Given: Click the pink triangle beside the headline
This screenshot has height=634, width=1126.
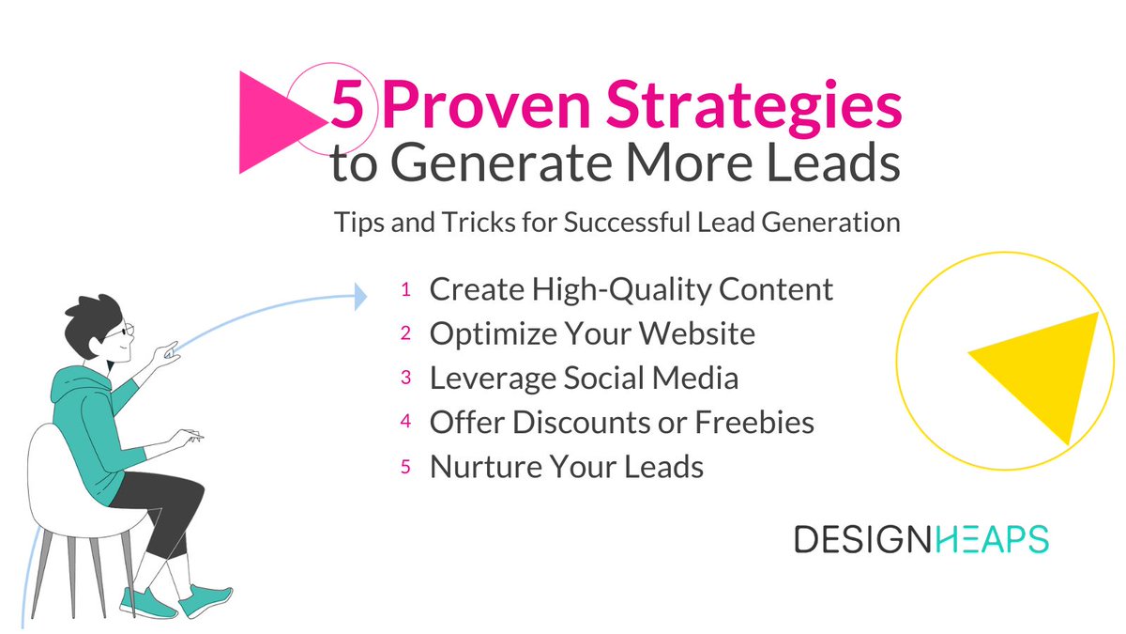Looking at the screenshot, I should [x=267, y=122].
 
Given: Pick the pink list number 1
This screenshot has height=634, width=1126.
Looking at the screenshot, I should [x=406, y=290].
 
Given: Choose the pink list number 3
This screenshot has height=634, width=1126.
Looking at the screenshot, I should [x=406, y=378].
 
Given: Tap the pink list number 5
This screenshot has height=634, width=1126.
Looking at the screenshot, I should [x=406, y=467].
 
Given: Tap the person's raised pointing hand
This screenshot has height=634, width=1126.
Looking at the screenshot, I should [x=170, y=353].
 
